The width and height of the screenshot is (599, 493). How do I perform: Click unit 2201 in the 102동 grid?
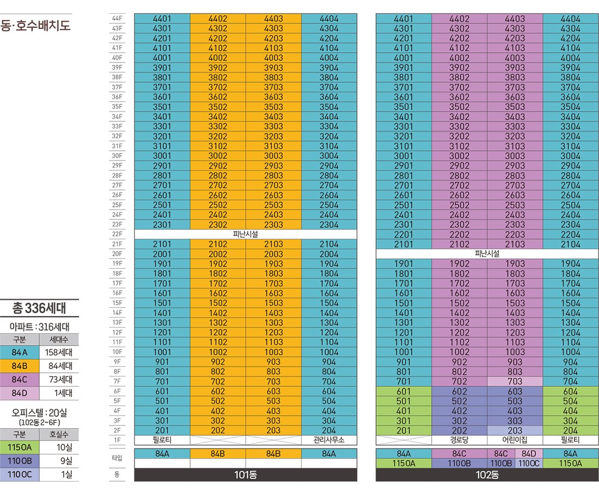tap(404, 234)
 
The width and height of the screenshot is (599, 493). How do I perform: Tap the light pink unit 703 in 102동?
tap(515, 381)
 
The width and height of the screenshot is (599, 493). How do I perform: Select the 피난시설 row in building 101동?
tap(246, 234)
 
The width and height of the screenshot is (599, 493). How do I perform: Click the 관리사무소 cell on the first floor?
tap(329, 440)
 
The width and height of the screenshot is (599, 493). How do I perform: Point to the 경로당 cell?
tap(459, 440)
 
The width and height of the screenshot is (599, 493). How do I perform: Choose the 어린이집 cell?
tap(515, 440)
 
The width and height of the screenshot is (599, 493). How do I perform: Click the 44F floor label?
tap(117, 19)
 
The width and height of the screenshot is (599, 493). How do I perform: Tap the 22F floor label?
tap(117, 234)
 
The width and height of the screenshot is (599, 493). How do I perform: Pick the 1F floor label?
tap(117, 440)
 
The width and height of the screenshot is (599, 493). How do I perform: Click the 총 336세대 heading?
tap(39, 308)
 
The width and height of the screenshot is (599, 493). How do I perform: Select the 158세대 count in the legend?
tap(59, 352)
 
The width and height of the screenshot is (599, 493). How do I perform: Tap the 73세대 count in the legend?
tap(60, 379)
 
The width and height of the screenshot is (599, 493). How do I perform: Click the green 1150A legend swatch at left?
tap(20, 447)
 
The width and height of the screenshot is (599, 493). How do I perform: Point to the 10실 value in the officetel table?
tap(64, 447)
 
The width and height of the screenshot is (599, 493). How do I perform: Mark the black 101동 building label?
tap(246, 474)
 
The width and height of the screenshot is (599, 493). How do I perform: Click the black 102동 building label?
tap(487, 474)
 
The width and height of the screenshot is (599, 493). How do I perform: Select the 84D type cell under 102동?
tap(529, 454)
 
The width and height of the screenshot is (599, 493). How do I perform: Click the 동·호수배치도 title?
tap(35, 26)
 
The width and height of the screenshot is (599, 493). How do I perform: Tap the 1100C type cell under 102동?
tap(529, 463)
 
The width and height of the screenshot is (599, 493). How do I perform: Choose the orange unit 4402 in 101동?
tap(218, 19)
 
